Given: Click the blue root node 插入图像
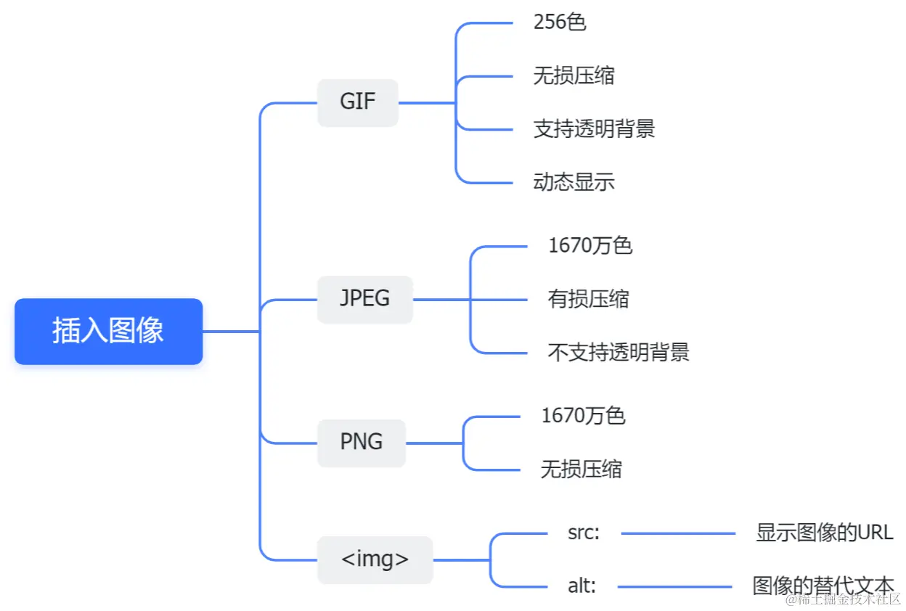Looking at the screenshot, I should coord(108,331).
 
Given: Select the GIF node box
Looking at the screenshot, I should coord(358,102).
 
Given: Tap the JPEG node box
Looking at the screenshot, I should coord(364,299).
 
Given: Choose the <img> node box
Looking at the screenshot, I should coord(375,560).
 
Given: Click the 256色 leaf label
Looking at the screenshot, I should coord(560,22).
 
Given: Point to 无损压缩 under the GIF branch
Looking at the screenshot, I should coord(574,75).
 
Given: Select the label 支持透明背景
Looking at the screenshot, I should coord(594,129).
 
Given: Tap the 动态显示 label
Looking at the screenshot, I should coord(574,181).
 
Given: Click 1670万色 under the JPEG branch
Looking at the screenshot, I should coord(590,246).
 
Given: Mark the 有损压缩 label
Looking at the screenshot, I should coord(588,299).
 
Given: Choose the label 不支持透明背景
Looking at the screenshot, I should coord(618,353).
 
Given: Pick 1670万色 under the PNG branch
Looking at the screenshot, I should coord(583,416).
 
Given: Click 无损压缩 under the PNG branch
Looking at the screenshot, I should coord(581,469).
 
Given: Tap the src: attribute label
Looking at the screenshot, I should coord(584,533).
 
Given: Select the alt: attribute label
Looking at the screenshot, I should coord(581,586).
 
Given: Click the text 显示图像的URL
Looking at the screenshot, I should coord(824,533).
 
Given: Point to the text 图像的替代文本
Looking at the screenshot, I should coord(823,586).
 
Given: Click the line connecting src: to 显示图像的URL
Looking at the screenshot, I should coord(678,533).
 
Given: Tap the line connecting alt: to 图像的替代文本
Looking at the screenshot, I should coord(674,586).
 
